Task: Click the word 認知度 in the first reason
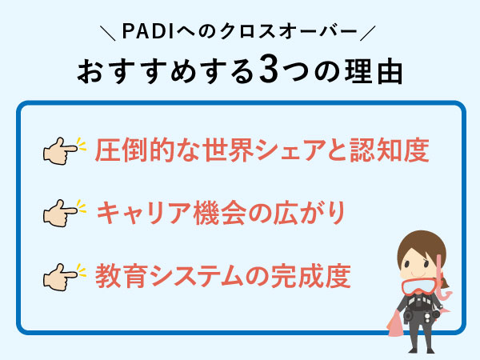(x=391, y=150)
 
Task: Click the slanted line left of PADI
(x=109, y=33)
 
